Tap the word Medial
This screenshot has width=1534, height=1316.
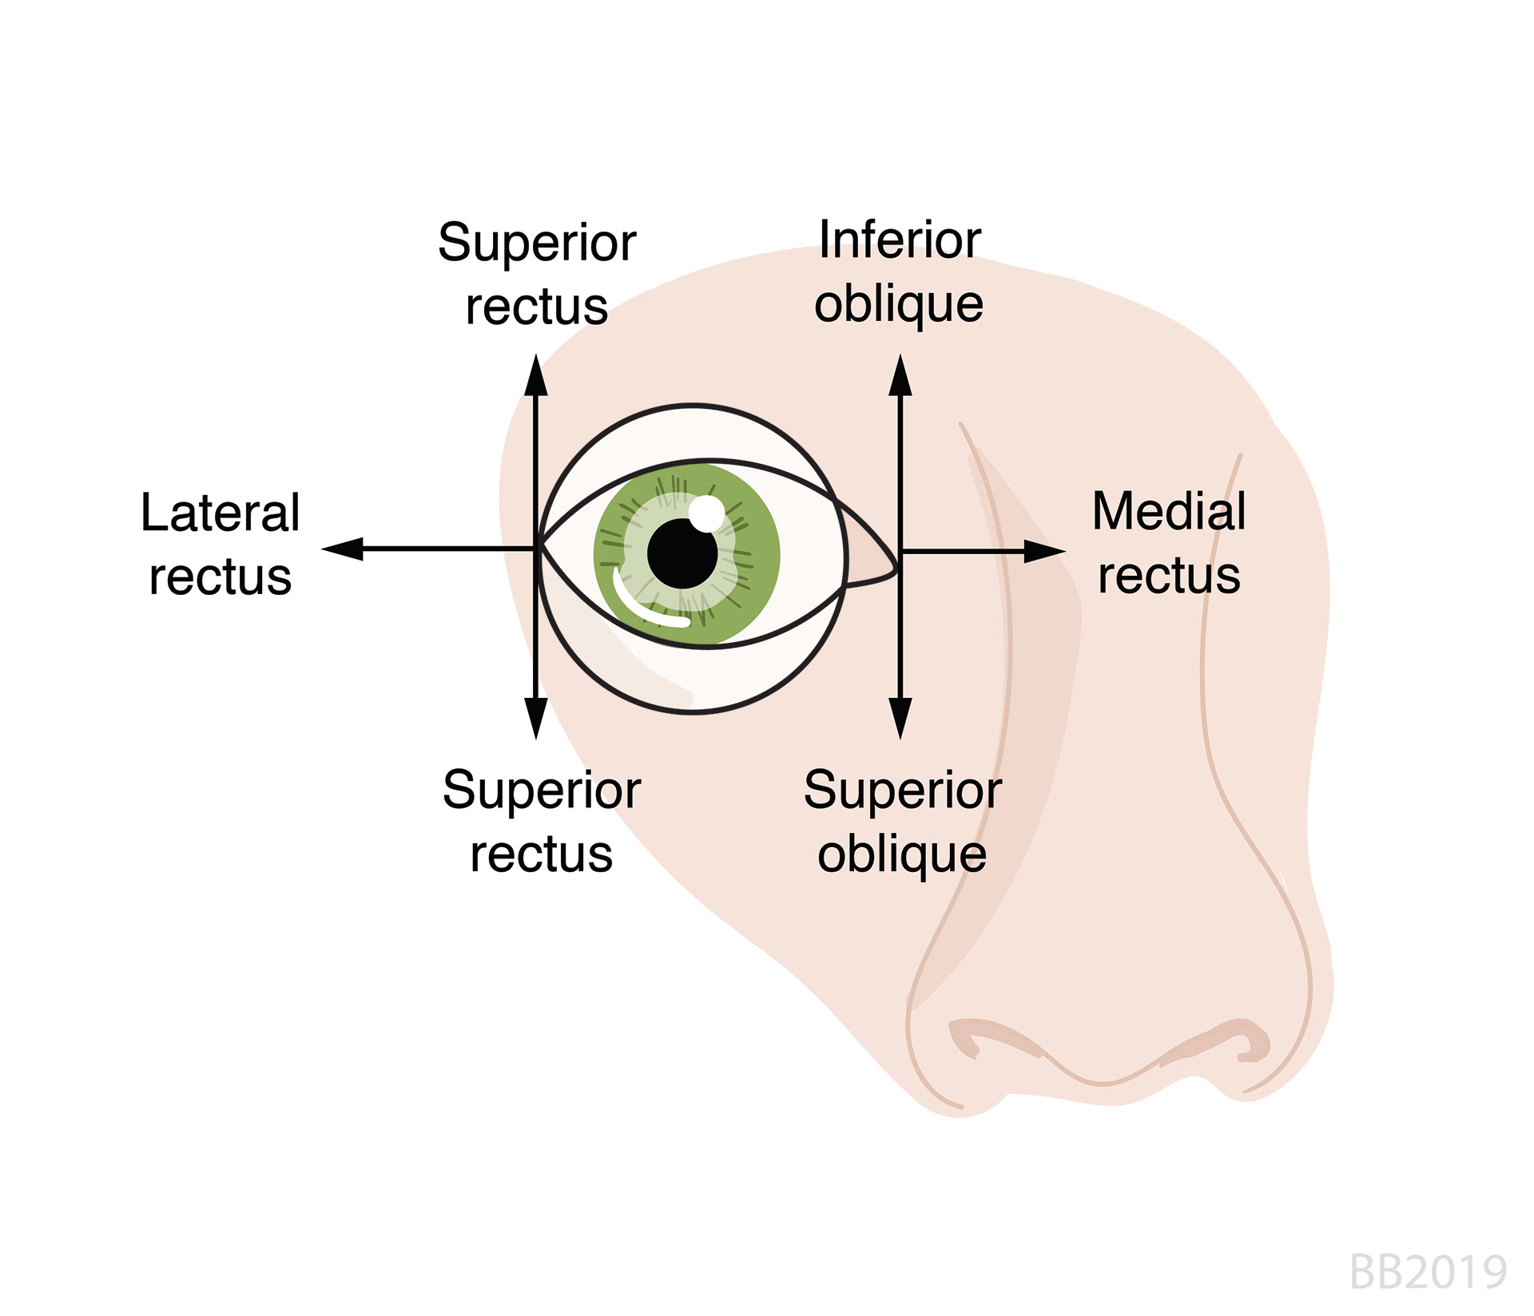coord(1168,511)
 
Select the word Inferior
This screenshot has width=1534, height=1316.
coord(900,240)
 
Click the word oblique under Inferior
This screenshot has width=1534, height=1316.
coord(899,306)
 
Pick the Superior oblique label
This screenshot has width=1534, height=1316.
coord(902,822)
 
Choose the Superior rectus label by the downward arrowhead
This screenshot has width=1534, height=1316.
coord(542,822)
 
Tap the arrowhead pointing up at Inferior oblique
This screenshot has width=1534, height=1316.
coord(900,377)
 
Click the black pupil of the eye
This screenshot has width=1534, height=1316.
coord(682,553)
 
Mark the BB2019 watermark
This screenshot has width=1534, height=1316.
coord(1428,1272)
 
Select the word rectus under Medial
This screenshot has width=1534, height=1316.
coord(1169,577)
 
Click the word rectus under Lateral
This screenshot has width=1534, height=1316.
coord(221,577)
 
